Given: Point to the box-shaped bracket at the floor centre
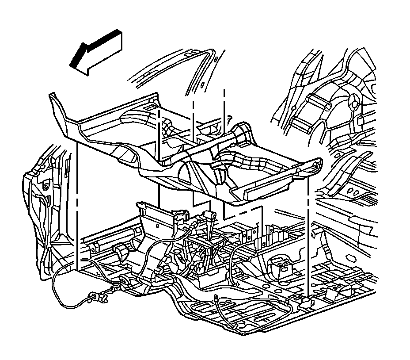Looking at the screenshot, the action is tap(277, 267).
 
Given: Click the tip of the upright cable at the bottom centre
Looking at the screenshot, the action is tap(215, 298).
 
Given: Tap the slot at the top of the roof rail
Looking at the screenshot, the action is tap(203, 84).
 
